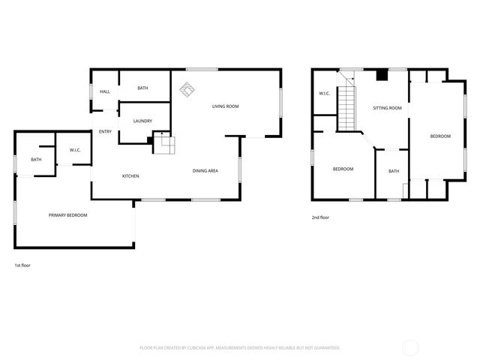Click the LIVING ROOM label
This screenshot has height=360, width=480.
point(225,106)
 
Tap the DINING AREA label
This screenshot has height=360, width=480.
point(205,171)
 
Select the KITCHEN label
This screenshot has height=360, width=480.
point(130,176)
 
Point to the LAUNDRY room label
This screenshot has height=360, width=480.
point(142,121)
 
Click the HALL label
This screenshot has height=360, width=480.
point(104,91)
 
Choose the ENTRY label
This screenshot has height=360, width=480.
point(105,132)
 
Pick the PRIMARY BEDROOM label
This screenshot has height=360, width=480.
point(67,215)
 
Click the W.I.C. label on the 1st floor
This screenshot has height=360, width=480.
point(75,150)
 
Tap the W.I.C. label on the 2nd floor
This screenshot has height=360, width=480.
point(324,94)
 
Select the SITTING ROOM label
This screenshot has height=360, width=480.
point(387,108)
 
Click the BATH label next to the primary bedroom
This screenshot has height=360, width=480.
point(36,160)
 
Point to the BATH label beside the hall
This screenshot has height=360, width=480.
point(142,88)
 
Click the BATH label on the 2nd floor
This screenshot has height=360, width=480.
point(394,172)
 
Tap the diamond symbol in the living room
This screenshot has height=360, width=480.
point(186,91)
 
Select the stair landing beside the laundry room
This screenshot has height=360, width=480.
point(163,144)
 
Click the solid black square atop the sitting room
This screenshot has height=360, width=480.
point(382,74)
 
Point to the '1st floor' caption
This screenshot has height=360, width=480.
point(22,265)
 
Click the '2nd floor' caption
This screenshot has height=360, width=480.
point(320,217)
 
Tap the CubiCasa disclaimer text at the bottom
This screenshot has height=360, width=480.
point(240,348)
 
